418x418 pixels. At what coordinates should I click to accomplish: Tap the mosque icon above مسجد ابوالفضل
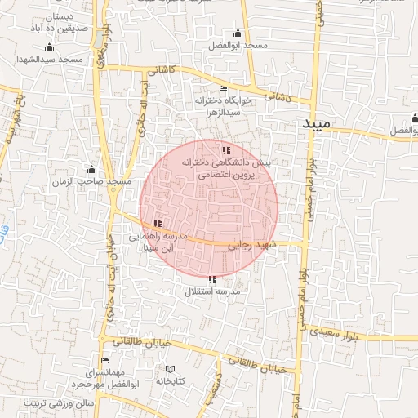pos(238,33)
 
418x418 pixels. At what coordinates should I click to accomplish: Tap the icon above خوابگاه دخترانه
pos(223,89)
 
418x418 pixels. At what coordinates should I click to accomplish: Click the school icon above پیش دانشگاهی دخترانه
pos(226,150)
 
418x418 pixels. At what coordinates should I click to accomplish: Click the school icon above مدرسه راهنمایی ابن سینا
pos(157,223)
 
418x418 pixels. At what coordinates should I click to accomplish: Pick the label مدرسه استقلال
pos(211,291)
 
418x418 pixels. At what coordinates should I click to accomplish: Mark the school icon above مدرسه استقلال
pos(212,280)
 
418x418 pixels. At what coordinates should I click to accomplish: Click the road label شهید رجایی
pos(252,244)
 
